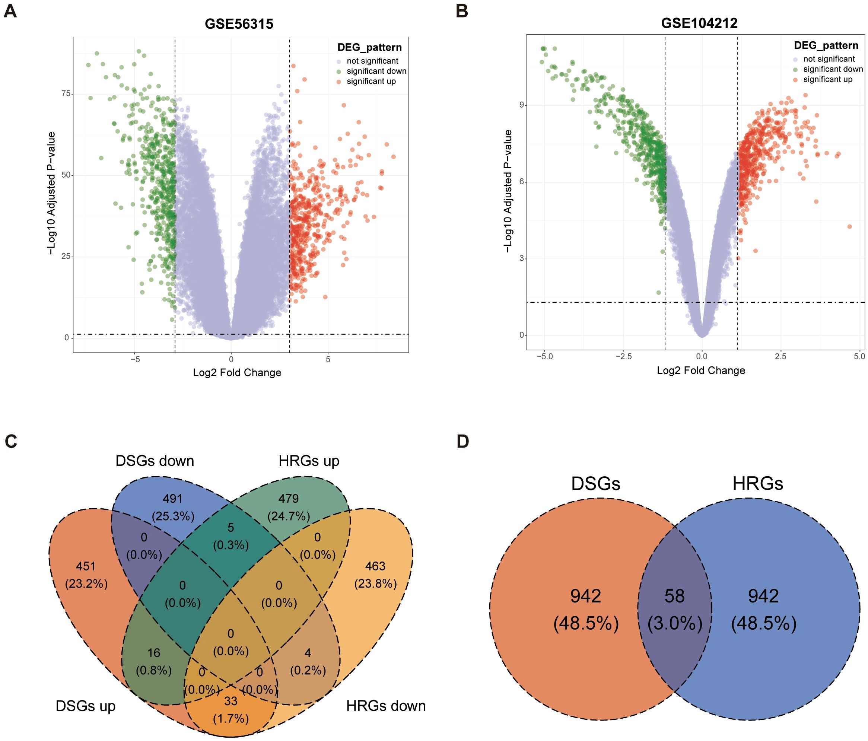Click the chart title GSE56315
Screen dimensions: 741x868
pos(239,24)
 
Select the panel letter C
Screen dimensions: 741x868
pos(10,442)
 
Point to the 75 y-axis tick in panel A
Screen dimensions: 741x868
pos(66,93)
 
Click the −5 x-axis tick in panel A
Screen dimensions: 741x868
pos(134,359)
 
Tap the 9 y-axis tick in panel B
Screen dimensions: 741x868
pos(522,105)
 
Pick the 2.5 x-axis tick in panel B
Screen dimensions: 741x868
pos(780,356)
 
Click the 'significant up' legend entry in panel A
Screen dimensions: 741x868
pos(371,81)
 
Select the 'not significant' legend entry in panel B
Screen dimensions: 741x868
pos(829,59)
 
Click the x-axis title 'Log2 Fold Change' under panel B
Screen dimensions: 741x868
pos(700,370)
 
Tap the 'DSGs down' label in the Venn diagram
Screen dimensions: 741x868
pos(155,461)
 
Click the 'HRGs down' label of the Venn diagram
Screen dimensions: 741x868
pos(385,706)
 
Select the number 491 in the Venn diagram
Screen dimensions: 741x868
pos(173,499)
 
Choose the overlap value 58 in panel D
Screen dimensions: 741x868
pos(674,596)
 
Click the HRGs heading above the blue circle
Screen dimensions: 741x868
pos(757,484)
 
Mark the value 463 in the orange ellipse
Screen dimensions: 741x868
pos(375,566)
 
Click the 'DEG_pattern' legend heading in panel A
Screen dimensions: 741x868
pos(369,47)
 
